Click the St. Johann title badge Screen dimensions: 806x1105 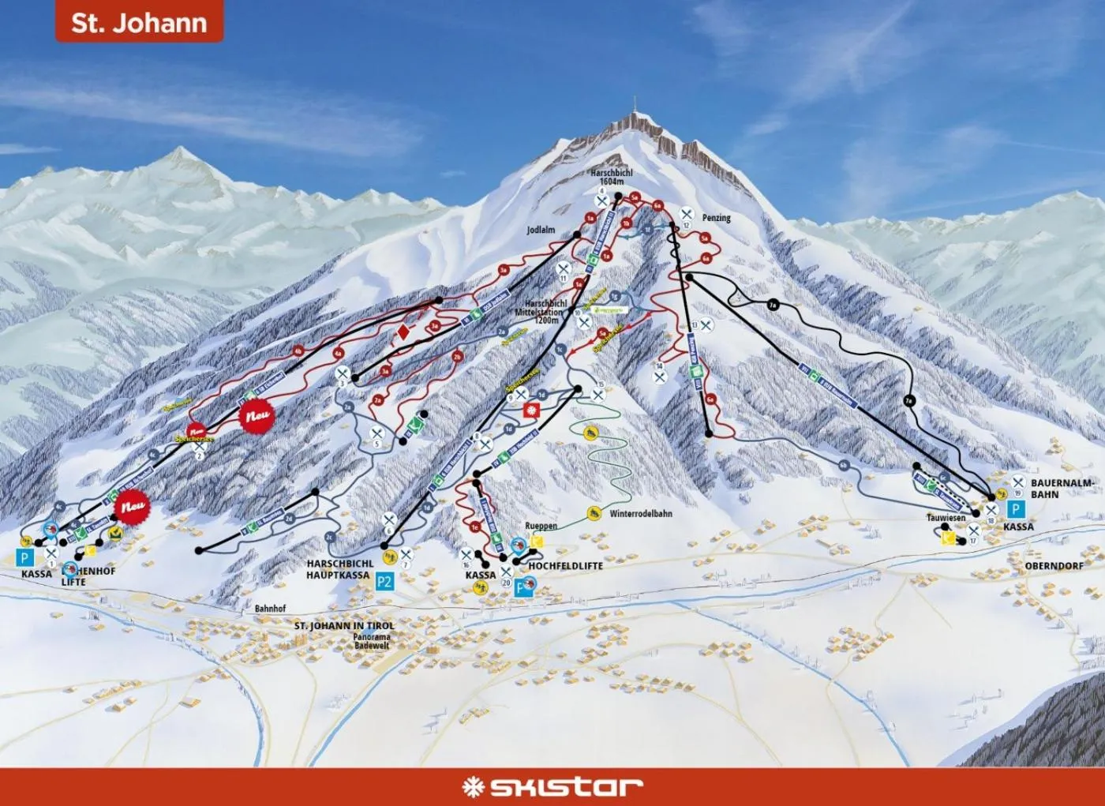(139, 21)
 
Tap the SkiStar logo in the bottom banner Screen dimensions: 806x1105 (552, 785)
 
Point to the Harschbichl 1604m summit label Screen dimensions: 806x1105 (612, 177)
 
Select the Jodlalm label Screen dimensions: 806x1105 (541, 231)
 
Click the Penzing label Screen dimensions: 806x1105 (716, 218)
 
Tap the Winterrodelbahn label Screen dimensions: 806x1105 (641, 514)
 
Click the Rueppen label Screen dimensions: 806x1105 (541, 526)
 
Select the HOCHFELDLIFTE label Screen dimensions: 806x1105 (565, 566)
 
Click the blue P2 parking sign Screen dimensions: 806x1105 (384, 583)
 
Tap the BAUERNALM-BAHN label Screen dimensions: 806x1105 (1062, 488)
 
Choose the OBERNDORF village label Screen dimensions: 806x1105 (1054, 566)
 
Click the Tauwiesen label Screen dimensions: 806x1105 (946, 518)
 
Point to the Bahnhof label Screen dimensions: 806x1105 (270, 609)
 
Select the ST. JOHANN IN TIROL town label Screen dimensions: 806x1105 (344, 626)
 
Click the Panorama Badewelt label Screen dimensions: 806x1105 (372, 641)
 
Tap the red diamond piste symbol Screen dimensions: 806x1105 (403, 332)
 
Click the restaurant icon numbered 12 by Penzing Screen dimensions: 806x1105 (687, 215)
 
